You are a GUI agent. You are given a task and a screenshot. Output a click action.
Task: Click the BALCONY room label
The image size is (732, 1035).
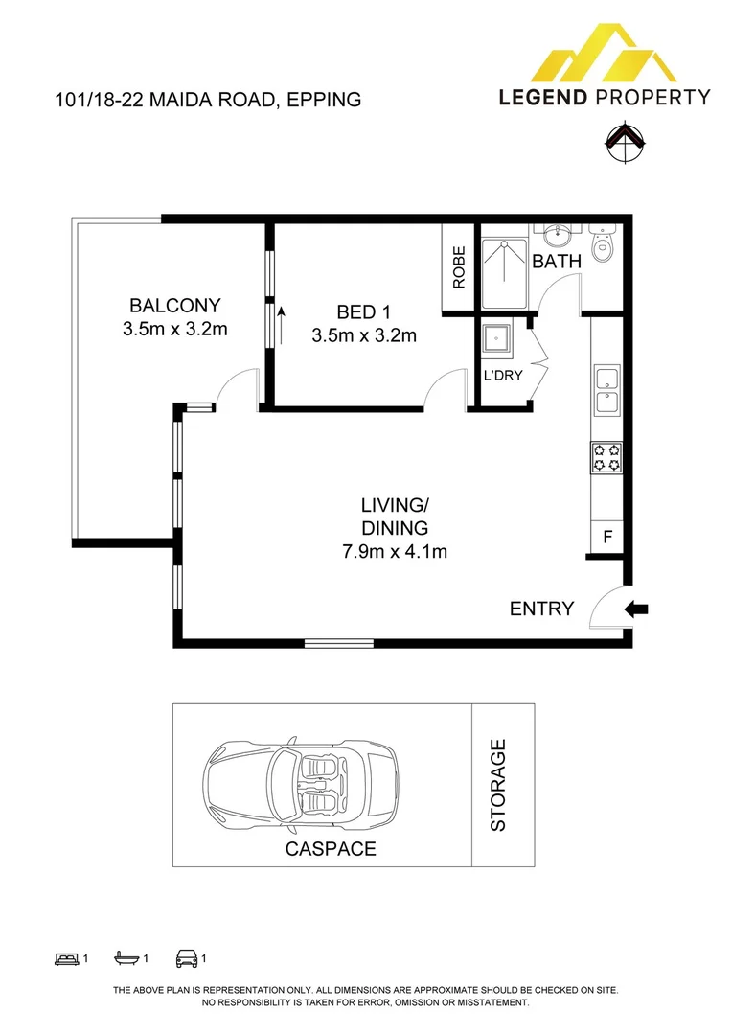(175, 306)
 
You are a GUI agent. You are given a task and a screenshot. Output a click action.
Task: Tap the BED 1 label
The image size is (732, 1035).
(364, 311)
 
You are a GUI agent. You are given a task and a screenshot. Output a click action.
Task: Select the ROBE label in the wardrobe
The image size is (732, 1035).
(459, 267)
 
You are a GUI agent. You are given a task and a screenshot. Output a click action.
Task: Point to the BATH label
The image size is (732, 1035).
(557, 261)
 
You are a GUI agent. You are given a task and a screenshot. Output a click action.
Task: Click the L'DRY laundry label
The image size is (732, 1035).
(503, 375)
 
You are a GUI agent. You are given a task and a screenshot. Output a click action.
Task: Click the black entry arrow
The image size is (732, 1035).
(636, 608)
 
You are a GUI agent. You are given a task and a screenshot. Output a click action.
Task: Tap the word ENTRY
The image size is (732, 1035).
(541, 609)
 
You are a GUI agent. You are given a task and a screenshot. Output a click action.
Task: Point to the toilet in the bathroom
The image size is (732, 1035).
(602, 245)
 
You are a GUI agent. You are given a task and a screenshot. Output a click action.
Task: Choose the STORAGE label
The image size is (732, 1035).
(498, 785)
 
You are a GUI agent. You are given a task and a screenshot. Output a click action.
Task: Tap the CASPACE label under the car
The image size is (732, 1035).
(330, 848)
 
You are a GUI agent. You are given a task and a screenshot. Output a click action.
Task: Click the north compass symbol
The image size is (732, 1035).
(622, 140)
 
